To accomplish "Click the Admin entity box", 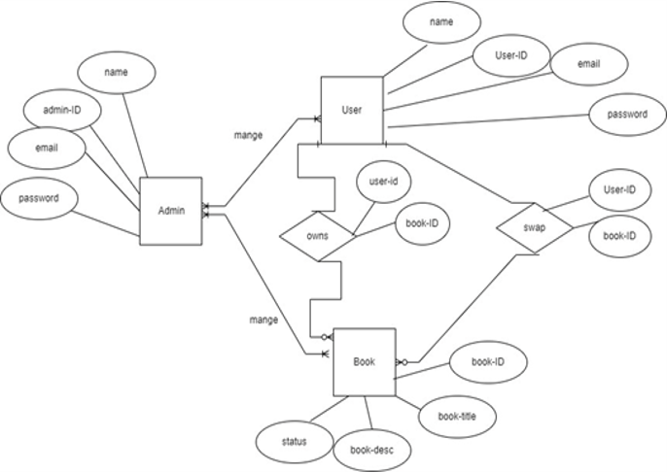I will coord(171,211).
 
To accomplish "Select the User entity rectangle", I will coord(352,110).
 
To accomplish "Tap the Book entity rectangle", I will coord(365,361).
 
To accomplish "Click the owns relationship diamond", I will coord(317,234).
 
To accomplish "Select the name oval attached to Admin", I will coord(115,73).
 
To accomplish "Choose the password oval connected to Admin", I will coord(39,198).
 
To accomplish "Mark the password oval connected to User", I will coord(626,114).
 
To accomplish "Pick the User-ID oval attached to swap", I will coord(619,190).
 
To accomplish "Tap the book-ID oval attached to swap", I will coord(619,236).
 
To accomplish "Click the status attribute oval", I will coord(294,441).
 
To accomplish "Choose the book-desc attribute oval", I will coord(371,450).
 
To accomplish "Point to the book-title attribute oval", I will coord(456,416).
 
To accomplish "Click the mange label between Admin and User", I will coord(249,135).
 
